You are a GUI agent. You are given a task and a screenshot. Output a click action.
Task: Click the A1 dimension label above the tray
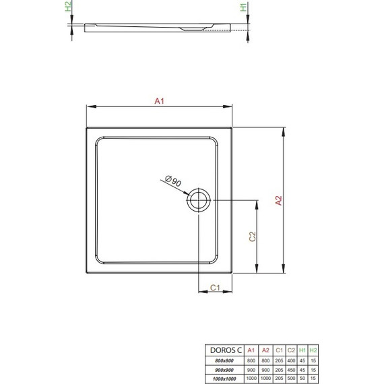coord(160,101)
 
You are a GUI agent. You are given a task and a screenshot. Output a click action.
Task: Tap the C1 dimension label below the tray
coord(215,288)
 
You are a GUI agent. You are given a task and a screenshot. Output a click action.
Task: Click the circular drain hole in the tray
coord(199,200)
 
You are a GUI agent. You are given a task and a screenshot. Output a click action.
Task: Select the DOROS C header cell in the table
coord(223,350)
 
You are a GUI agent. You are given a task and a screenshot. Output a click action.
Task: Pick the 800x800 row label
coord(223,360)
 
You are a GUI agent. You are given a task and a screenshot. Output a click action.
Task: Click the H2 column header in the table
coord(313,350)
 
